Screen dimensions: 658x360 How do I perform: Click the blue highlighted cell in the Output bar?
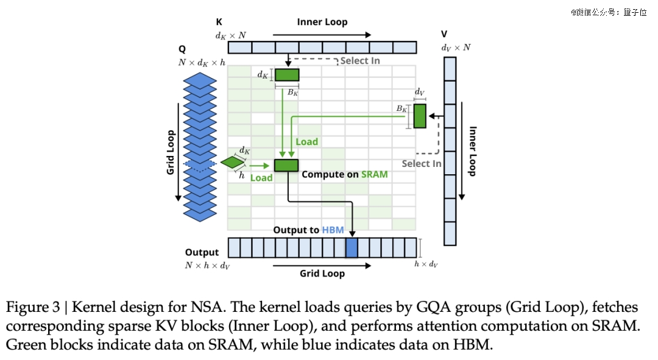point(352,247)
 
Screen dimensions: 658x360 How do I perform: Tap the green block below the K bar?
point(287,75)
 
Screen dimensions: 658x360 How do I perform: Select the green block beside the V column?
point(420,116)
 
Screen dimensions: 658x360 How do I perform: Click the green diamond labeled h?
point(233,163)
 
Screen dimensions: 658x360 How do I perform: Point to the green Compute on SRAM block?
point(286,165)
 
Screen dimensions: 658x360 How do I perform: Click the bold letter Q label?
point(182,49)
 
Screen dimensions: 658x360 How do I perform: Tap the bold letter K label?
point(219,22)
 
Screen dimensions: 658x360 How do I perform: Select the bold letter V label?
point(444,34)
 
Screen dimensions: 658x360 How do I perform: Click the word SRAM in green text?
point(374,174)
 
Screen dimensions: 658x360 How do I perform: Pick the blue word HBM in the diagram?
point(333,230)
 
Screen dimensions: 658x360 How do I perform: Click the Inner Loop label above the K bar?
point(322,23)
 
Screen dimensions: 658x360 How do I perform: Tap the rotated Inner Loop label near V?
point(473,151)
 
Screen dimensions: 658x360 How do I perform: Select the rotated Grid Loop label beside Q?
point(171,152)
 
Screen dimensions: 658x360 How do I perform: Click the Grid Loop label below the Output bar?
point(322,274)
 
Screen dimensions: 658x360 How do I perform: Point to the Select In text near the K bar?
point(360,61)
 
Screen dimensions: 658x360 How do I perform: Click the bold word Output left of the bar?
point(202,253)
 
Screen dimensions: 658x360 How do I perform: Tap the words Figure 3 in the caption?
point(33,308)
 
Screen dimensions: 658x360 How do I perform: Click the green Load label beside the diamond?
point(261,178)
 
